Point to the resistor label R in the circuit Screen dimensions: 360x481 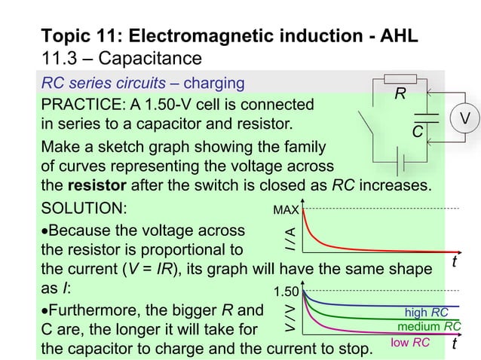point(402,95)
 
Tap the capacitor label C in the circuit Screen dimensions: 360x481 point(416,132)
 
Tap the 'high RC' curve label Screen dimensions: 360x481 point(427,311)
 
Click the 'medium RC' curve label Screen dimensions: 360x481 point(429,326)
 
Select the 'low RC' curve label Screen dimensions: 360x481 point(410,342)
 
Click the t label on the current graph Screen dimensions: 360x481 point(455,261)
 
